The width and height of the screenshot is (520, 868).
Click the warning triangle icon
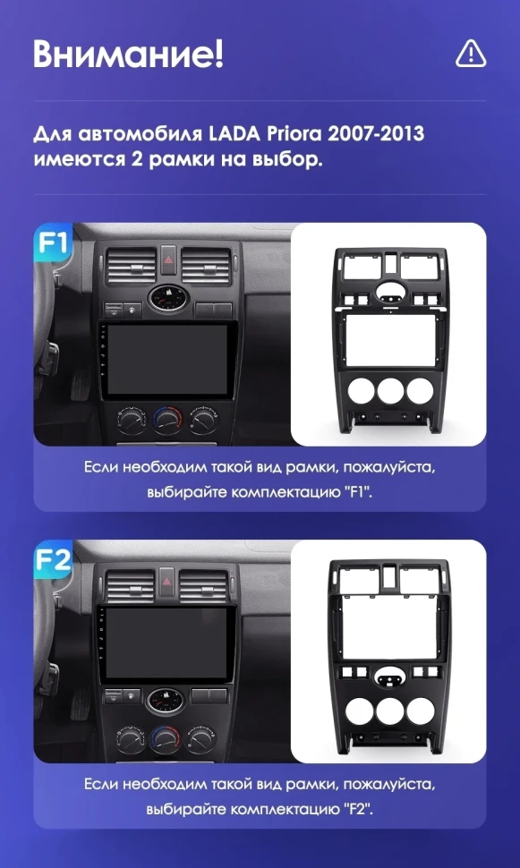click(x=471, y=55)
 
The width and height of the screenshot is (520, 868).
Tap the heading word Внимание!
click(x=129, y=54)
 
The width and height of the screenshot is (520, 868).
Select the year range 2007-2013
click(x=376, y=134)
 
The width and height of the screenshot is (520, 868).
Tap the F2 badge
click(x=53, y=559)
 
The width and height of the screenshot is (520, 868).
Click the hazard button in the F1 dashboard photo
click(x=169, y=260)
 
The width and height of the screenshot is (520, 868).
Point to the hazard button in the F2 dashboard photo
click(x=166, y=582)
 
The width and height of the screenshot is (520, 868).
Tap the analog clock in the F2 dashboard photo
click(x=166, y=701)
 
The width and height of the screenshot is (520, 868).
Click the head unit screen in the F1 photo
click(x=167, y=360)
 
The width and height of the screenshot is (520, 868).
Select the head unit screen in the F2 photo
click(x=166, y=642)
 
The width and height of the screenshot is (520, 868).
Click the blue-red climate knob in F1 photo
click(x=167, y=421)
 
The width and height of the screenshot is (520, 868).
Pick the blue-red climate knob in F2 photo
click(x=165, y=738)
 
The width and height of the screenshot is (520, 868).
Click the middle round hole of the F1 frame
click(x=391, y=391)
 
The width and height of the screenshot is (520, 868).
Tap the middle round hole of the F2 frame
click(x=390, y=711)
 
